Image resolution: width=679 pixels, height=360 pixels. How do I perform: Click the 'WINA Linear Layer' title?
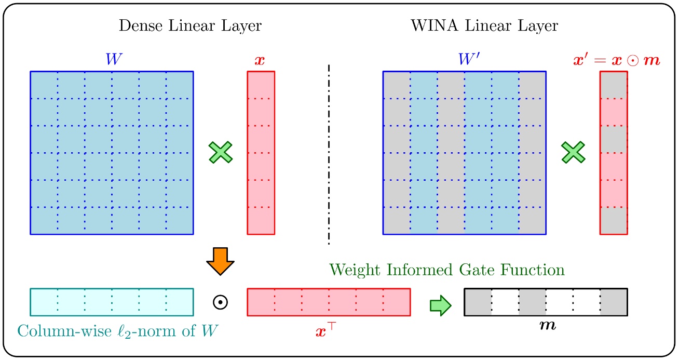pyautogui.click(x=484, y=26)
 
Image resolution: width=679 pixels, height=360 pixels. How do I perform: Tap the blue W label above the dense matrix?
pyautogui.click(x=112, y=60)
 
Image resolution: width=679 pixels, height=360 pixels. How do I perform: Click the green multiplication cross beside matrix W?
pyautogui.click(x=221, y=153)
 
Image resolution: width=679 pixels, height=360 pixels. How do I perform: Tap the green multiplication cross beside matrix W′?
pyautogui.click(x=573, y=153)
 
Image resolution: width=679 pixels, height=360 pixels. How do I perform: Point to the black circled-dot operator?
pyautogui.click(x=220, y=302)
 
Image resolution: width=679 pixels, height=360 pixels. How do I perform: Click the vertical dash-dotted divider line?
pyautogui.click(x=329, y=154)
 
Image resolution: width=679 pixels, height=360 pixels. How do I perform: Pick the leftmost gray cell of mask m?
pyautogui.click(x=478, y=302)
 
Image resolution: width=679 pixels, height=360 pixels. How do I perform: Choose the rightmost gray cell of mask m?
pyautogui.click(x=614, y=302)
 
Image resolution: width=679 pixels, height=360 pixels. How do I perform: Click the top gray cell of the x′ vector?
pyautogui.click(x=613, y=84)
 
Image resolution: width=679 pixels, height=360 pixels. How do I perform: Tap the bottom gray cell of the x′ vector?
pyautogui.click(x=613, y=221)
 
